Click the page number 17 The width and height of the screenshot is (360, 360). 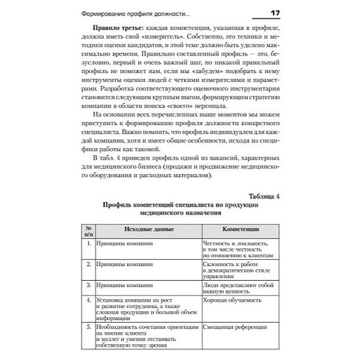275,14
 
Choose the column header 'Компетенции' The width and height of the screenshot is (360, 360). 240,229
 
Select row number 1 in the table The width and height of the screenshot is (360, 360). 89,244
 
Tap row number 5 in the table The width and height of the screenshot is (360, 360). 89,327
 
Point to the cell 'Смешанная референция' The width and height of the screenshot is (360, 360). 235,327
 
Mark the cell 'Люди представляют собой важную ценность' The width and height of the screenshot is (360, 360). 238,288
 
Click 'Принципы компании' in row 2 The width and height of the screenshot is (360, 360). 119,264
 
